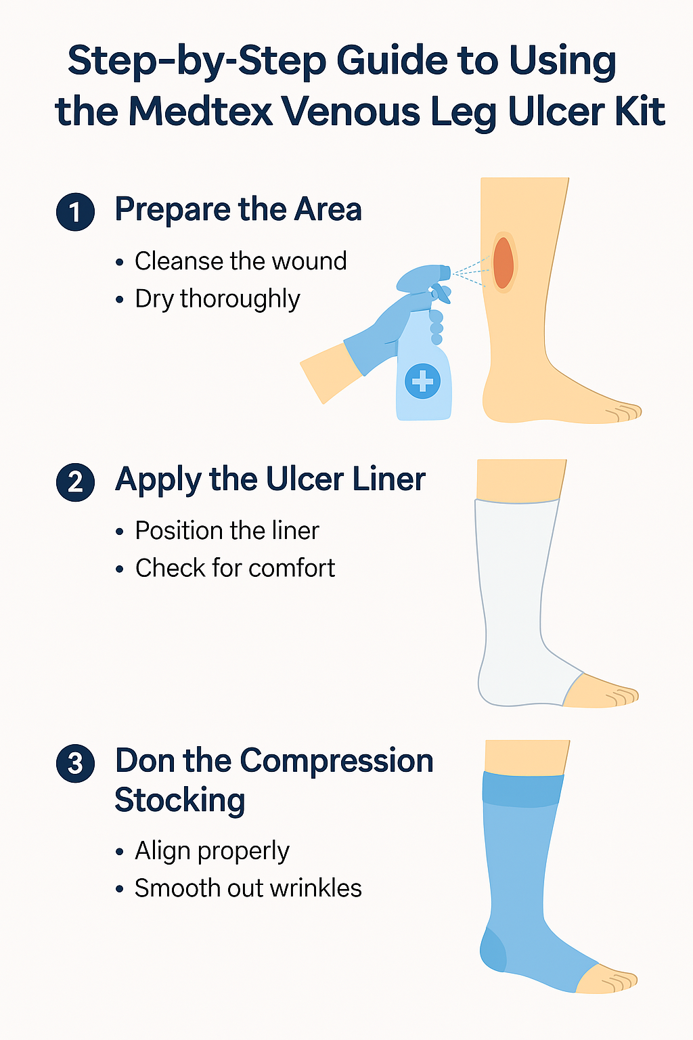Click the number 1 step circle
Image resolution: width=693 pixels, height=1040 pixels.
(75, 212)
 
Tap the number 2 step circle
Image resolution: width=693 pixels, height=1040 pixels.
(75, 482)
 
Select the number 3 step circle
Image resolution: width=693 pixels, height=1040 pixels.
(75, 763)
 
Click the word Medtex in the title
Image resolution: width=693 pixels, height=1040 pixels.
(200, 111)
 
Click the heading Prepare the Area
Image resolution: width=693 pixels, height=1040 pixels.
(238, 209)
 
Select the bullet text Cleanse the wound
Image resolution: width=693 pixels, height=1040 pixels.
(240, 261)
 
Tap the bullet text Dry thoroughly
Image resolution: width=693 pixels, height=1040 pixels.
(217, 299)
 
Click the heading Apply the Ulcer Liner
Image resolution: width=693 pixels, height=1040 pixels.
(270, 479)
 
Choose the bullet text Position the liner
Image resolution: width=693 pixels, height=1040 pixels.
(227, 530)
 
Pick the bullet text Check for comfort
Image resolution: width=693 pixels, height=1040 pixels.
(235, 568)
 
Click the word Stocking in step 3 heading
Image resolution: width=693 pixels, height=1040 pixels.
(179, 800)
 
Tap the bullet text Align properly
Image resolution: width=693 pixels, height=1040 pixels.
(212, 850)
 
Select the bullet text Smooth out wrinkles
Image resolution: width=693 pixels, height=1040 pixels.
(248, 888)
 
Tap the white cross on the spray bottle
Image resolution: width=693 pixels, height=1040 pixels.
(423, 381)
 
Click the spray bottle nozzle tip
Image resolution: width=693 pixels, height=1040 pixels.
(446, 272)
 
